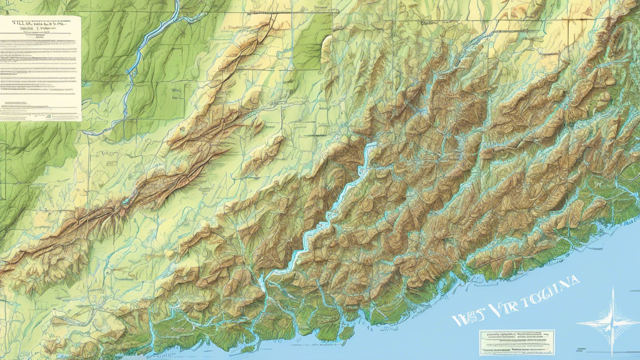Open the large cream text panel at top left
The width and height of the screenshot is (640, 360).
(x=41, y=69)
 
